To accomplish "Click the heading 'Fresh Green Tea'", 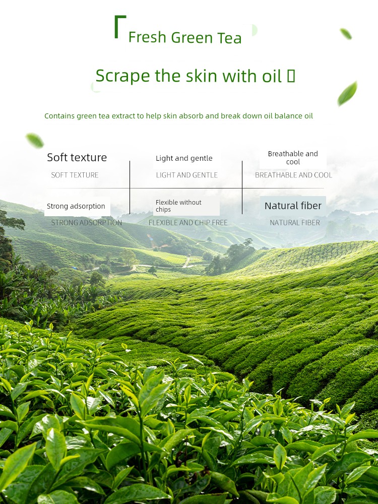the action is pos(185,37).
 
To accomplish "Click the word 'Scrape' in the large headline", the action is pos(123,76).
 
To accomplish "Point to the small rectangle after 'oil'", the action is pos(291,76).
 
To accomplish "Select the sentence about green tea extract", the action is pos(178,116).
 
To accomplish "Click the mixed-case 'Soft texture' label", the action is pos(77,157).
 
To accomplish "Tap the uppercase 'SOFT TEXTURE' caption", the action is pos(75,175).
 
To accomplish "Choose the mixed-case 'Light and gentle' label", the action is pos(184,158).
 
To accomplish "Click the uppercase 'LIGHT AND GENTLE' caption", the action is pos(187,175).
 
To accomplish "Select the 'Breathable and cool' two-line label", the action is pos(293,157).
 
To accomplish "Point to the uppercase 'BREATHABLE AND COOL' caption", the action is pos(293,175).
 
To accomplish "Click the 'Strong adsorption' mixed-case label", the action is pos(76,206).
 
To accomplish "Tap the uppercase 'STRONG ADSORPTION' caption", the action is pos(87,222).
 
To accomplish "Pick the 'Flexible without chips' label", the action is pos(178,206).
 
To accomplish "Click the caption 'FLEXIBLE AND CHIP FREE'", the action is pos(187,222).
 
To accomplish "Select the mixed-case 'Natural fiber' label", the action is pos(293,206).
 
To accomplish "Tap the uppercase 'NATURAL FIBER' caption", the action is pos(295,222).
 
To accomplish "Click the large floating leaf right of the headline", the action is pos(347,93).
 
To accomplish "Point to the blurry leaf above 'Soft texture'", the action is pos(35,141).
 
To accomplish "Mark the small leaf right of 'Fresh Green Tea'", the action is pos(346,34).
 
